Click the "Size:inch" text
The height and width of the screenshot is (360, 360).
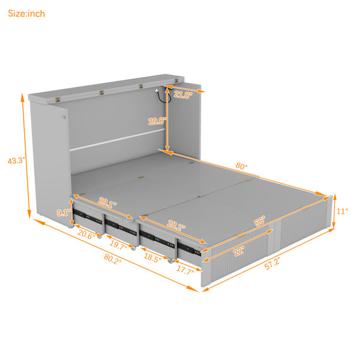click(26, 14)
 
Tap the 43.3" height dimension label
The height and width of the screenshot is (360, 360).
click(16, 160)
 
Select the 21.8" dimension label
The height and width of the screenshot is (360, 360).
click(183, 94)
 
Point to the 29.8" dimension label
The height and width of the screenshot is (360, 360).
click(157, 121)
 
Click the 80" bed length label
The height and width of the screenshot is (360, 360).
click(242, 166)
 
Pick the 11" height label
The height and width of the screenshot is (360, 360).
click(342, 211)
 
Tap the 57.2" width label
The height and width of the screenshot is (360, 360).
click(272, 263)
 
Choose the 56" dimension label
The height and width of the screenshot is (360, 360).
click(260, 221)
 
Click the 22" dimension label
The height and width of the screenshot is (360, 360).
click(239, 251)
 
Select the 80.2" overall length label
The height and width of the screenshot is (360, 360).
click(113, 259)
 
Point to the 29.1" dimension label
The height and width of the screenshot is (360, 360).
click(107, 202)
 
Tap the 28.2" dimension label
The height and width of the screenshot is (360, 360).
click(176, 225)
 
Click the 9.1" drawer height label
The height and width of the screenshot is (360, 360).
click(63, 212)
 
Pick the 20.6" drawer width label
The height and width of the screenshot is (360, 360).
click(86, 235)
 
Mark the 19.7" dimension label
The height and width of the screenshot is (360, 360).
click(118, 245)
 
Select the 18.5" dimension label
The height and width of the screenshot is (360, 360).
click(152, 257)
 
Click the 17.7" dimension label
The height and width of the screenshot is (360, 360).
click(185, 269)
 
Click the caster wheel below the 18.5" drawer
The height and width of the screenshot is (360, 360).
click(170, 261)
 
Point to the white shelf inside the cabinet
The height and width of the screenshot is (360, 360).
click(117, 140)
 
